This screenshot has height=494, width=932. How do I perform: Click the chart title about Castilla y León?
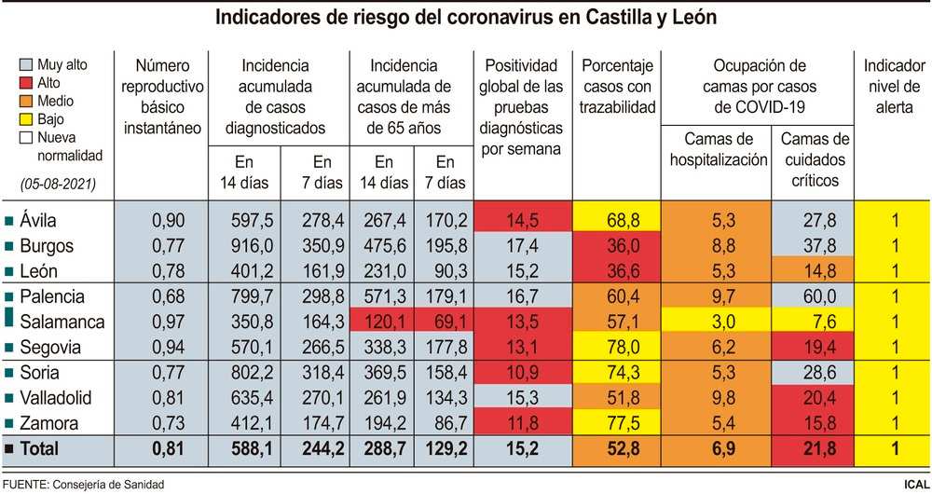click(466, 18)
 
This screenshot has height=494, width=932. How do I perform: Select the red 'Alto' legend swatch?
click(26, 83)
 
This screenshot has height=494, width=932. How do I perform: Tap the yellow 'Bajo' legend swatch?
click(26, 119)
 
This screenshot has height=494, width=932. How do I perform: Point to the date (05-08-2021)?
click(58, 185)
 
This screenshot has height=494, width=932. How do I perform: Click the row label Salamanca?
click(62, 322)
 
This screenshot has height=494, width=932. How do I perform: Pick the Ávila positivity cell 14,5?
click(521, 221)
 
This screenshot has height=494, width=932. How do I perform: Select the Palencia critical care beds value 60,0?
click(812, 296)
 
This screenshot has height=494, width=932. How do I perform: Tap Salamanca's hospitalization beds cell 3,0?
click(716, 322)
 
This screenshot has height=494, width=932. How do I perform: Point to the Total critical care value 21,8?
click(812, 448)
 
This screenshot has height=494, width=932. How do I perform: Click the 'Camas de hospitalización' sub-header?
click(717, 149)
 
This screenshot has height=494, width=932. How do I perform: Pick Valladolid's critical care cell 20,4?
click(812, 398)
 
